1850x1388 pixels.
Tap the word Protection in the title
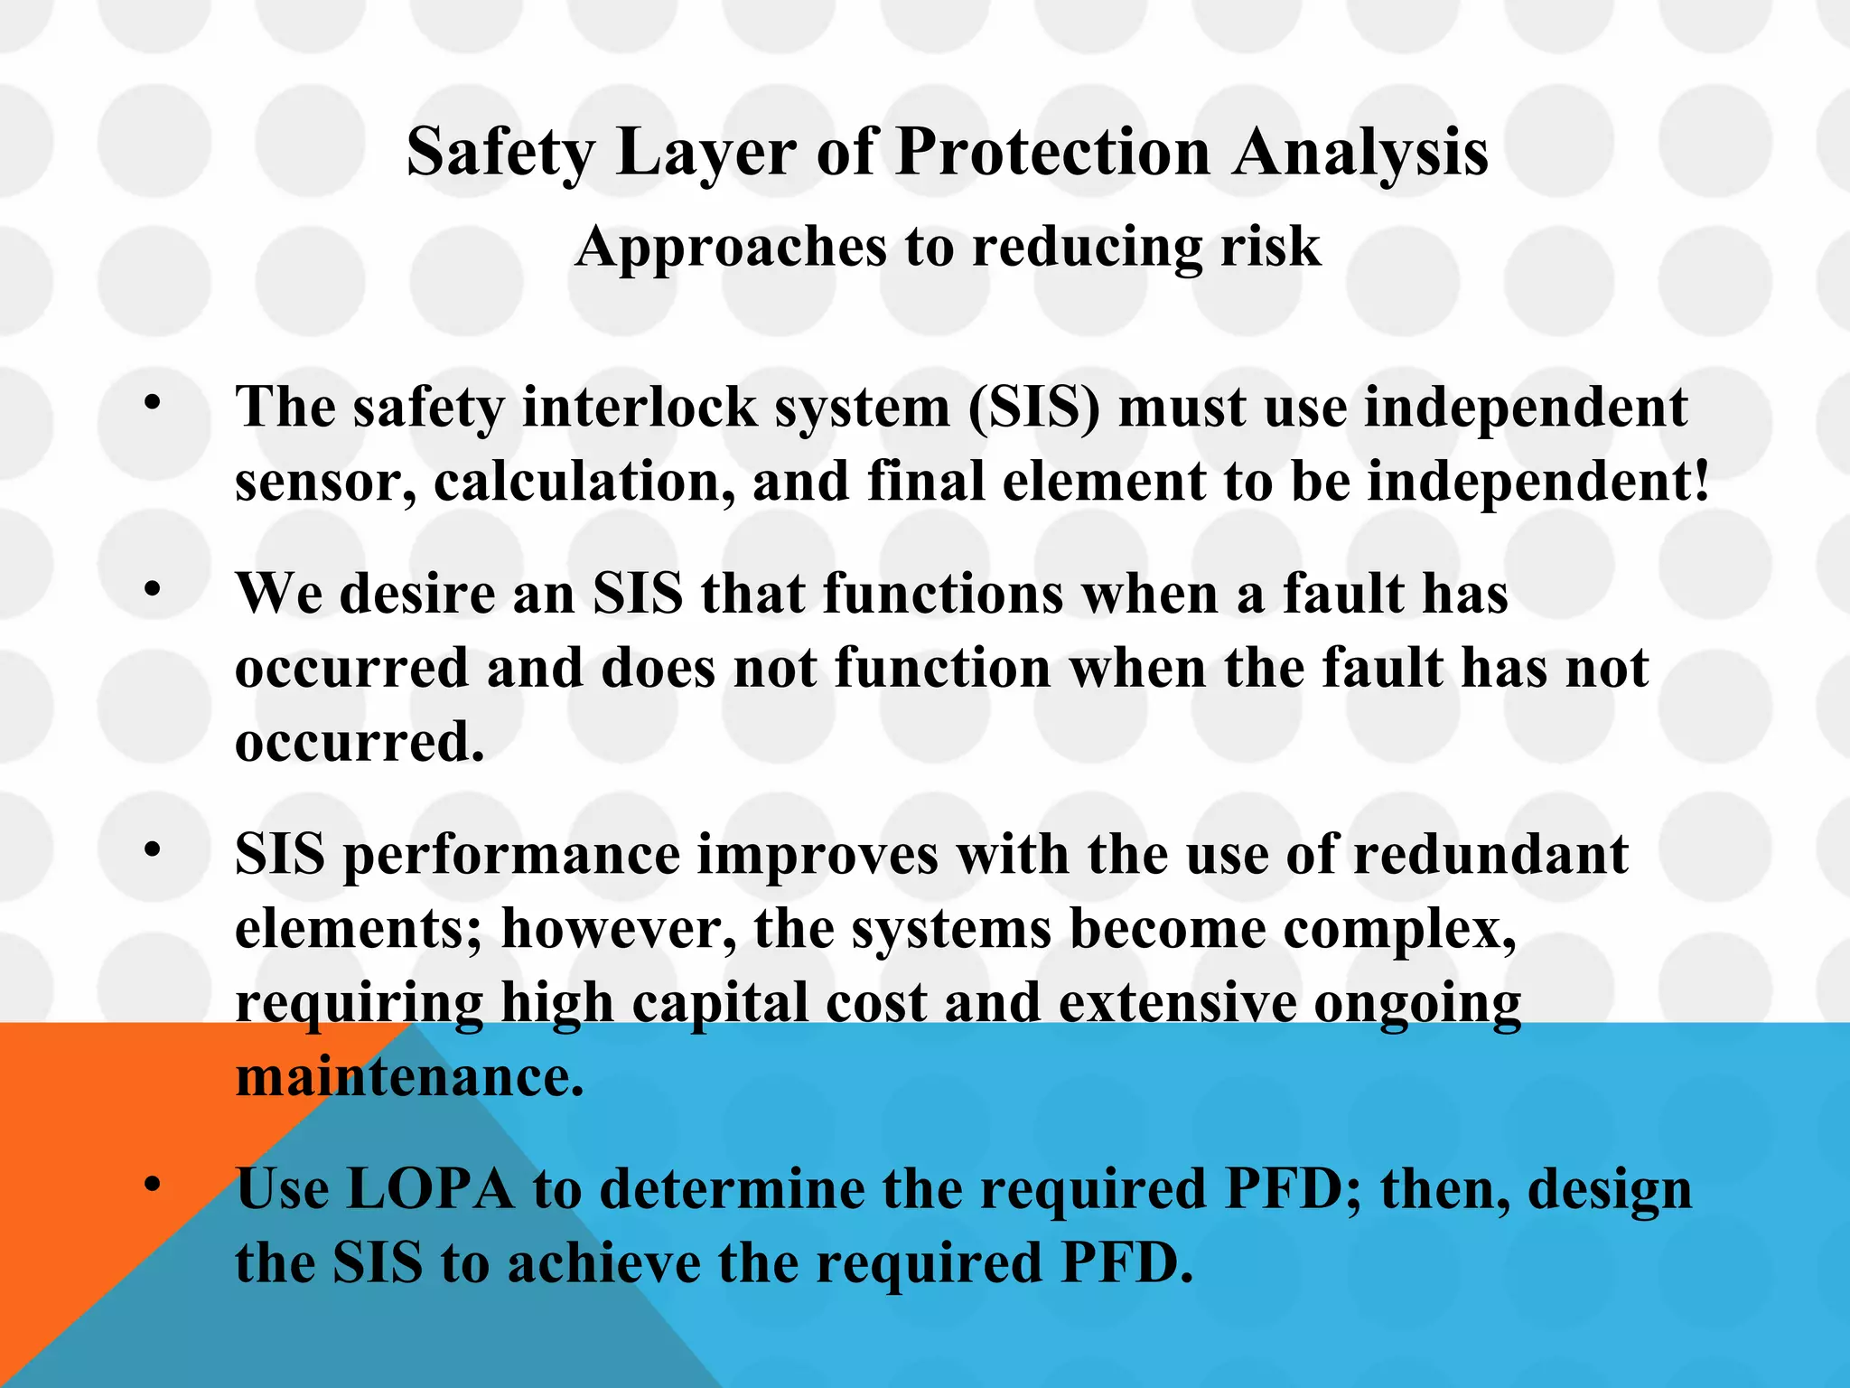[1052, 152]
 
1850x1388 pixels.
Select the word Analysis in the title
[1361, 152]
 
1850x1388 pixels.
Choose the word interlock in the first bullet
[640, 408]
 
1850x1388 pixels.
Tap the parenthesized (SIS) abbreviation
[1033, 408]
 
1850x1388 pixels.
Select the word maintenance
[409, 1077]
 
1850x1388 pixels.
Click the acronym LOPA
[430, 1189]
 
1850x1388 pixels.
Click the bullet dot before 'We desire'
[152, 588]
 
